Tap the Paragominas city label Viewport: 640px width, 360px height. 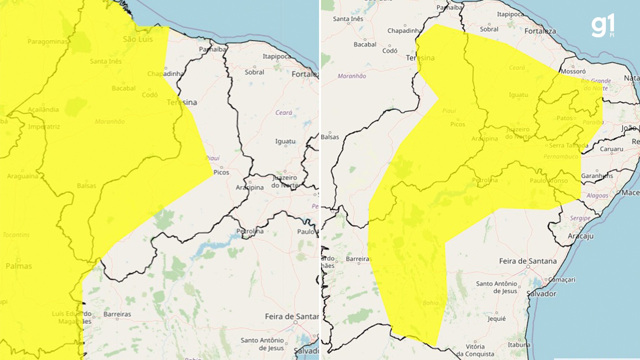[47, 42]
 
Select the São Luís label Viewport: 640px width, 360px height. [138, 39]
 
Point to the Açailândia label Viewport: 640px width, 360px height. [43, 109]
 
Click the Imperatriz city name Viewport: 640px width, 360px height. [44, 127]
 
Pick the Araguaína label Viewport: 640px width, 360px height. [23, 176]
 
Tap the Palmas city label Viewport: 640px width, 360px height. [19, 266]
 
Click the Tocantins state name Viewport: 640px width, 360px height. [16, 235]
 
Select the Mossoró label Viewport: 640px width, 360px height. [573, 71]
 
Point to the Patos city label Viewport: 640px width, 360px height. [564, 118]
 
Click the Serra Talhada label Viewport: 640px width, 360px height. [568, 145]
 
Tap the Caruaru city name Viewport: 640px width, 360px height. [611, 149]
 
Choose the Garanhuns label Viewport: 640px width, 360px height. [597, 176]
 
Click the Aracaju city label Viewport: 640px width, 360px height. [581, 236]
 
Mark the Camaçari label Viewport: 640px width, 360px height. [562, 280]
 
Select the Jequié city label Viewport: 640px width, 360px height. [497, 318]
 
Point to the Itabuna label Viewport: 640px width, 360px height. [519, 345]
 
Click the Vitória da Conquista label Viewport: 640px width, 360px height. [475, 350]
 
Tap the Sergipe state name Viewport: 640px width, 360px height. [580, 218]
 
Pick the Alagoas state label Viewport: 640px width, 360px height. [597, 195]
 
